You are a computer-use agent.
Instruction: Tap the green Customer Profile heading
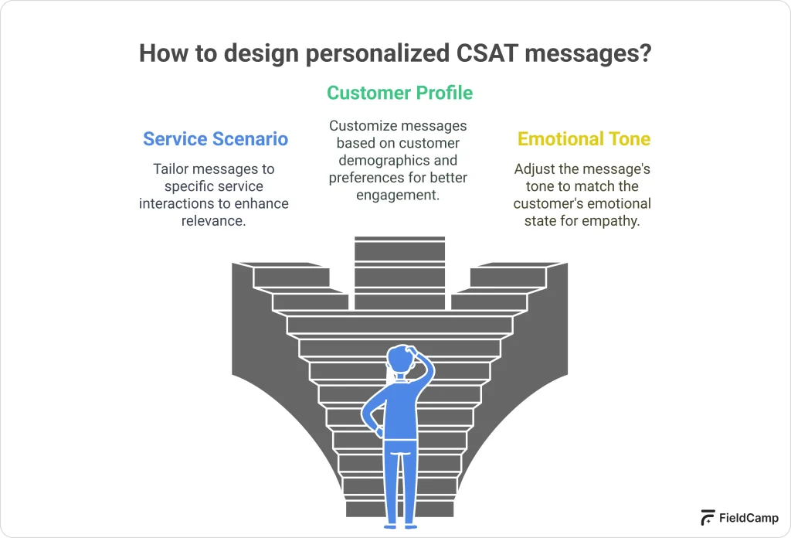(399, 94)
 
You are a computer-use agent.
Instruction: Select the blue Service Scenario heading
(216, 139)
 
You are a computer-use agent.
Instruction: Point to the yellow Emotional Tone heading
(584, 139)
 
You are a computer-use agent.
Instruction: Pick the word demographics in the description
(399, 161)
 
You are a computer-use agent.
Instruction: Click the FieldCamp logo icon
(707, 518)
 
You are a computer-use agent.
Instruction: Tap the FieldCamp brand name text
(749, 518)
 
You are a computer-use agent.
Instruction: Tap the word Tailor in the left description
(170, 169)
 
